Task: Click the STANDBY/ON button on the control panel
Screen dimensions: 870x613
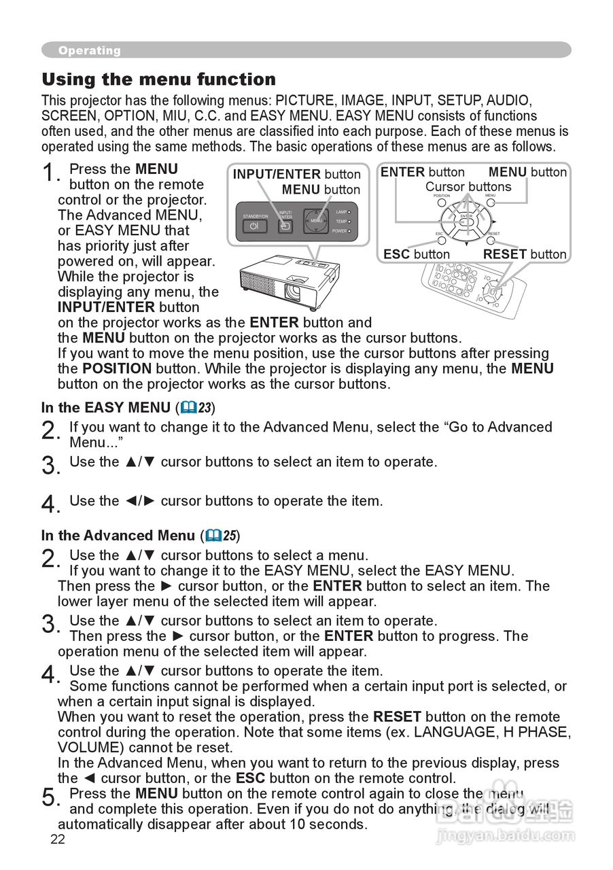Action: tap(253, 225)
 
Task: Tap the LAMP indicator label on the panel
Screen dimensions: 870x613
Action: tap(340, 212)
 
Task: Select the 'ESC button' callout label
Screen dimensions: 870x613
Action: tap(416, 254)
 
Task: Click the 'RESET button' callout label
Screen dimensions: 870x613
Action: tap(524, 254)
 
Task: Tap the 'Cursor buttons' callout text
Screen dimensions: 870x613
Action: tap(468, 187)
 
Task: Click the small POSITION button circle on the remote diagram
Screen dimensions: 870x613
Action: tap(442, 203)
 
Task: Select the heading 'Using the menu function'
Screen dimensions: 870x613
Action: tap(158, 80)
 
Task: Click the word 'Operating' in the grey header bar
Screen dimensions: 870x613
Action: tap(89, 50)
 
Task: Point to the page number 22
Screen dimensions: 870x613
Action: tap(58, 839)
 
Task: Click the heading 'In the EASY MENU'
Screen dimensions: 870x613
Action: tap(105, 408)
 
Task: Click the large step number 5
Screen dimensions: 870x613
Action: tap(50, 797)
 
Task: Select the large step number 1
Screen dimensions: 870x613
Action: tap(50, 173)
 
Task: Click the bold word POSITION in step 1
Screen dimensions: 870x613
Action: tap(116, 368)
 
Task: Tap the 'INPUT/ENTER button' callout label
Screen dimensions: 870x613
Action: tap(296, 175)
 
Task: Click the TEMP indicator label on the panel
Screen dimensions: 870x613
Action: tap(340, 222)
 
